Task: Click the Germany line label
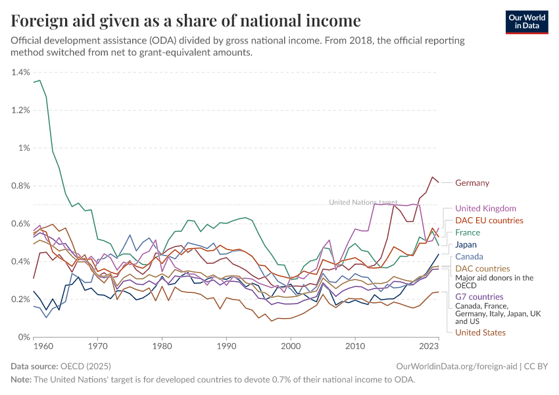[x=472, y=183]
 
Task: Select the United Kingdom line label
[x=485, y=209]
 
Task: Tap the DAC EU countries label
[x=489, y=221]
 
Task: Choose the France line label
[x=468, y=232]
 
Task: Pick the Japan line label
[x=466, y=244]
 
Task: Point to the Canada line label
[x=469, y=257]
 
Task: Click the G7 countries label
[x=479, y=297]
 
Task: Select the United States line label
[x=480, y=332]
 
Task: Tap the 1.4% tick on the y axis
[x=21, y=72]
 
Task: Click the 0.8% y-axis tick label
[x=21, y=186]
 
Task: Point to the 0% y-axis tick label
[x=24, y=337]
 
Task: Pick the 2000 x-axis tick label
[x=291, y=345]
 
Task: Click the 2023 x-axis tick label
[x=429, y=345]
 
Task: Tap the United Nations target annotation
[x=362, y=203]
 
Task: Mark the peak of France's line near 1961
[x=39, y=80]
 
